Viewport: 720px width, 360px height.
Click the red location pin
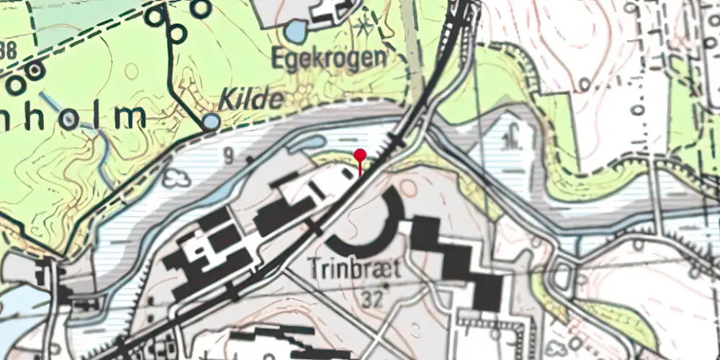pos(359,155)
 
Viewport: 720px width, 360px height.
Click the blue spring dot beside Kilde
pos(210,122)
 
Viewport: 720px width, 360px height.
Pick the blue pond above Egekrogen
pos(295,30)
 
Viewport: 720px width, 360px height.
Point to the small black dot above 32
pos(386,285)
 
